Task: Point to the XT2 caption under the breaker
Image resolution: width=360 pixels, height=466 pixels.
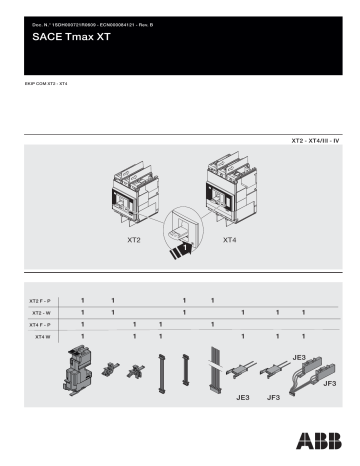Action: [133, 241]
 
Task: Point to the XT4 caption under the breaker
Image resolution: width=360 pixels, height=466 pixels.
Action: [229, 241]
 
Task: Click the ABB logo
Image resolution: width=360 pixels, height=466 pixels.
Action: [316, 441]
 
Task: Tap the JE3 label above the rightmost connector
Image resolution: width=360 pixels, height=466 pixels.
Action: [298, 357]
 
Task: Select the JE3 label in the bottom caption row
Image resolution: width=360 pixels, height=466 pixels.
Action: [241, 398]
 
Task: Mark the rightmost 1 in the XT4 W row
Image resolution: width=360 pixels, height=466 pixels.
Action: [303, 337]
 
